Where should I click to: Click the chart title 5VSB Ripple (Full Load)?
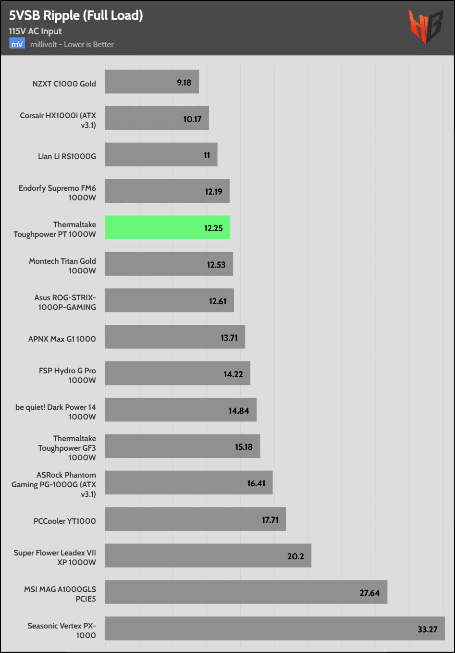coord(76,15)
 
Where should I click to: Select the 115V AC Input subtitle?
coord(35,31)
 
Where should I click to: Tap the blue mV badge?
coord(17,44)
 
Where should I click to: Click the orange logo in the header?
coord(425,26)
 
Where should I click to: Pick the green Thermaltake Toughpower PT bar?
coord(167,227)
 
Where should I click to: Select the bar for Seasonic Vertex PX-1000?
coord(274,628)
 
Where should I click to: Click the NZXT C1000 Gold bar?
coord(152,82)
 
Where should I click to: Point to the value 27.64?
coord(369,593)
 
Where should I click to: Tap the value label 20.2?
coord(295,556)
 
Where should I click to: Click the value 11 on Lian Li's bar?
coord(207,155)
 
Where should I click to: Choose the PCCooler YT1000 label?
coord(64,521)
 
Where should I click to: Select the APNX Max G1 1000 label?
coord(62,339)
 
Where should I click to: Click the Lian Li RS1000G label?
coord(67,156)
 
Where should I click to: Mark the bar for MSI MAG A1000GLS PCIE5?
coord(246,592)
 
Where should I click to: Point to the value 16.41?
coord(256,483)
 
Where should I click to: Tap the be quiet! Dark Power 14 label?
coord(56,412)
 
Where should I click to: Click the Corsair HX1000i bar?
coord(157,118)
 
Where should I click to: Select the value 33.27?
coord(427,629)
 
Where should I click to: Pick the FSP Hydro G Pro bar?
coord(177,373)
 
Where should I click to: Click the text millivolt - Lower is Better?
coord(72,44)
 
